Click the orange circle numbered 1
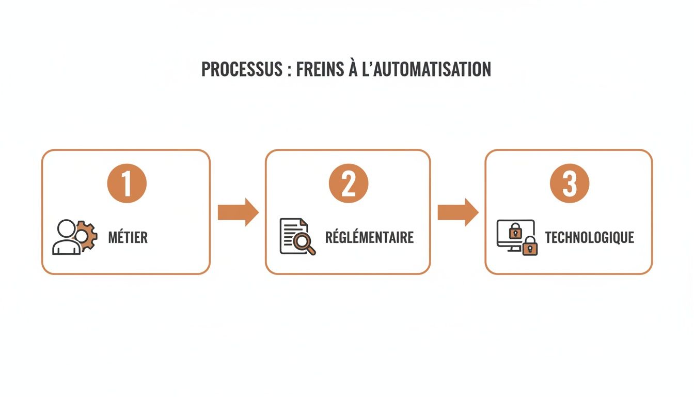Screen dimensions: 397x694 coord(127,184)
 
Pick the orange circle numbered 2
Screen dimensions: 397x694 coord(348,184)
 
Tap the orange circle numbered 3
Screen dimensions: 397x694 coord(569,184)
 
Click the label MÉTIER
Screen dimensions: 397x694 coord(128,237)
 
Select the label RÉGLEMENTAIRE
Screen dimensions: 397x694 coord(369,237)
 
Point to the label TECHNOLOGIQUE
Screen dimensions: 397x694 coord(589,237)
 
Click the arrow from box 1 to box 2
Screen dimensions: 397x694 coord(238,212)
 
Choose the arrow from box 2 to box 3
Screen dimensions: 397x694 coord(458,212)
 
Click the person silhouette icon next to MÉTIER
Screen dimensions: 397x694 coord(66,238)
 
